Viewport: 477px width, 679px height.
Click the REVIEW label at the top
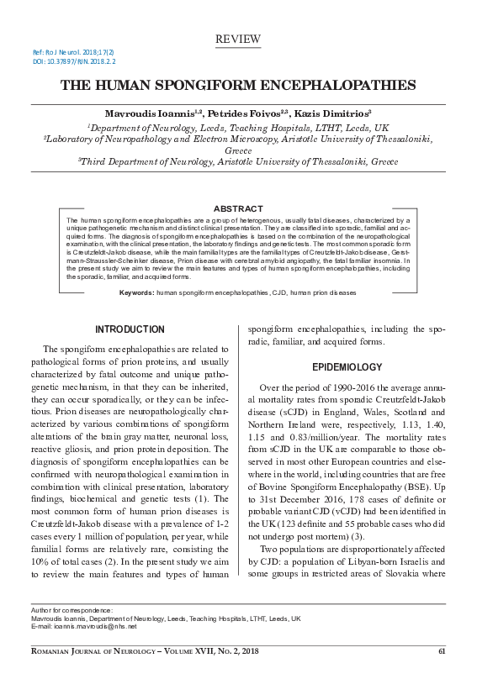coord(238,39)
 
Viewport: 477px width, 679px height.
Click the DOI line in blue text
coord(74,61)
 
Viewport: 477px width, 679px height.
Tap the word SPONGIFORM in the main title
coord(236,85)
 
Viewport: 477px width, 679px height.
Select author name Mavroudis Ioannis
coord(148,112)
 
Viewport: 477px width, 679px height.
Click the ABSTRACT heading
coord(238,208)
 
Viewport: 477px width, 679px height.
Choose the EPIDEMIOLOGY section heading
coord(347,367)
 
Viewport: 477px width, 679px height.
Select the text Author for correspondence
coord(71,608)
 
